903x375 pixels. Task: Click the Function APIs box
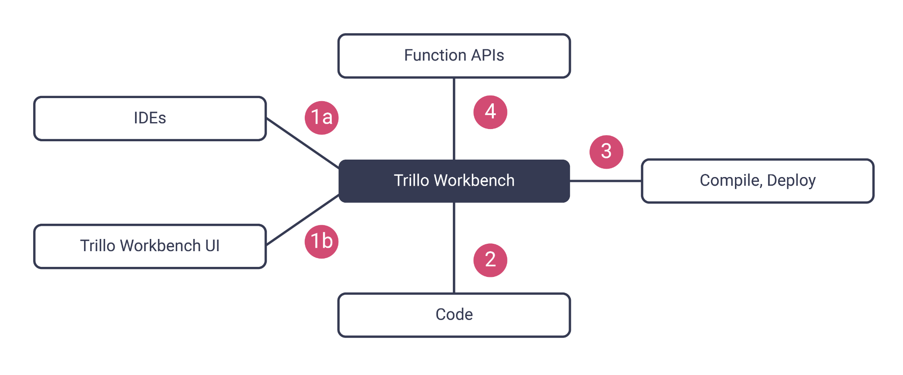pyautogui.click(x=454, y=56)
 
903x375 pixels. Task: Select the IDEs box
pyautogui.click(x=150, y=118)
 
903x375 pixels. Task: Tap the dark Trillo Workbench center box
pyautogui.click(x=454, y=181)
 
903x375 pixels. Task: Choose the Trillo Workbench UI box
pyautogui.click(x=150, y=246)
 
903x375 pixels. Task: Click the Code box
pyautogui.click(x=454, y=314)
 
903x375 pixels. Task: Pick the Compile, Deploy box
pyautogui.click(x=758, y=181)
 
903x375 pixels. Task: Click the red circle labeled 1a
pyautogui.click(x=322, y=118)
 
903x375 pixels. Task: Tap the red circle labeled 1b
pyautogui.click(x=322, y=242)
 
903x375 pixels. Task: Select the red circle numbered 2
pyautogui.click(x=490, y=260)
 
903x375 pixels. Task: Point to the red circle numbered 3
pyautogui.click(x=606, y=152)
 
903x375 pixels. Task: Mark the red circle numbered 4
pyautogui.click(x=490, y=112)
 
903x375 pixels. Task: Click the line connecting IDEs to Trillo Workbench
pyautogui.click(x=302, y=143)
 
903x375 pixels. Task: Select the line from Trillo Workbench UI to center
pyautogui.click(x=302, y=220)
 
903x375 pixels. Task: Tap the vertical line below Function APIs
pyautogui.click(x=454, y=119)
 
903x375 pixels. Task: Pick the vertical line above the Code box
pyautogui.click(x=454, y=248)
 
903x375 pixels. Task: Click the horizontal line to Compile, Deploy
pyautogui.click(x=605, y=181)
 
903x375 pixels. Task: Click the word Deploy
pyautogui.click(x=791, y=181)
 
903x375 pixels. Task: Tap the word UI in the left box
pyautogui.click(x=212, y=246)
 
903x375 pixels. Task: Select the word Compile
pyautogui.click(x=730, y=181)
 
